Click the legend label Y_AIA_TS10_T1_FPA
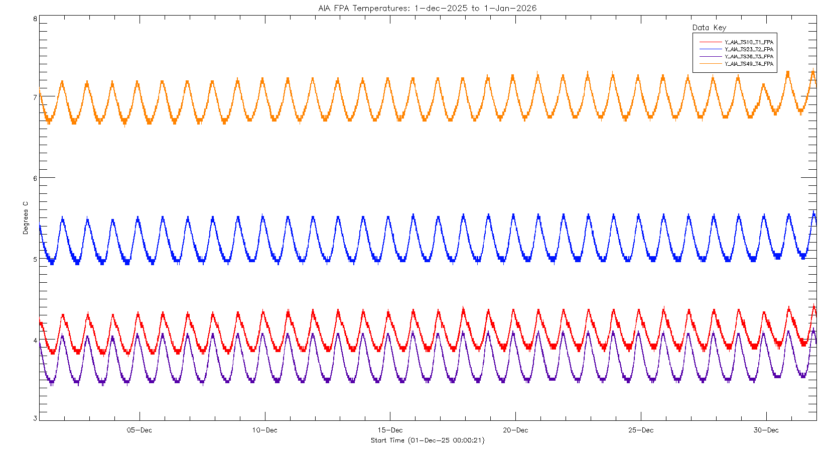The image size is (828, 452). point(749,42)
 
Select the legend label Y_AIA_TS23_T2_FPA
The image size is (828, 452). point(749,49)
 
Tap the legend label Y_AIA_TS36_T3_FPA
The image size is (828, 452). point(749,57)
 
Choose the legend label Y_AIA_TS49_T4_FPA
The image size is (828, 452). point(749,64)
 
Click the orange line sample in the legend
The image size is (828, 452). point(710,64)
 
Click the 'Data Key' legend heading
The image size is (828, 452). point(709,28)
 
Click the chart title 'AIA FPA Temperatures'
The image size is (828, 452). point(427,8)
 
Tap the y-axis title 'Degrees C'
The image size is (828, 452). point(26,218)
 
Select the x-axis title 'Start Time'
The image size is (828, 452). point(428,440)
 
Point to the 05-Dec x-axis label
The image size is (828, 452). point(140,430)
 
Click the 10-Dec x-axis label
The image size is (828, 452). point(264,430)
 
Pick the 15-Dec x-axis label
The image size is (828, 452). point(390,430)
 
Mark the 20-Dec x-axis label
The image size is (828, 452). point(515,430)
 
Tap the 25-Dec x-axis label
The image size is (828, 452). point(641,430)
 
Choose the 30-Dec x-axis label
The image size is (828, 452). point(766,430)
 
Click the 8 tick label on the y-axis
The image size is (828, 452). point(35,19)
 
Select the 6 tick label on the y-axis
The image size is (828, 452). point(35,178)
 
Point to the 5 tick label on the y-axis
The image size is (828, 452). point(35,259)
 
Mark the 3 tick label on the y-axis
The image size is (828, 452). point(35,418)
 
